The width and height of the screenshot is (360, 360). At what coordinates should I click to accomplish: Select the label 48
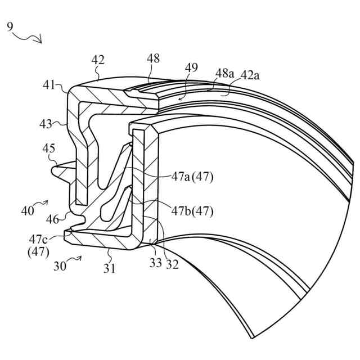click(152, 58)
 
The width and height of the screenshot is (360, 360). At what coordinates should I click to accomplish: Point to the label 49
click(191, 67)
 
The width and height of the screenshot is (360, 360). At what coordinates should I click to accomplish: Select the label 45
click(49, 148)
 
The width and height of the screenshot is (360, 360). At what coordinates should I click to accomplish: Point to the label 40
click(28, 211)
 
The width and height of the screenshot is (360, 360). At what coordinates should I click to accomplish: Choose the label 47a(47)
click(192, 177)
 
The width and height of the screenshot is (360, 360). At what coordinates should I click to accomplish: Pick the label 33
click(155, 263)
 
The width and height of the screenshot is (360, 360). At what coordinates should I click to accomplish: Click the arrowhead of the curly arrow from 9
click(40, 40)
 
